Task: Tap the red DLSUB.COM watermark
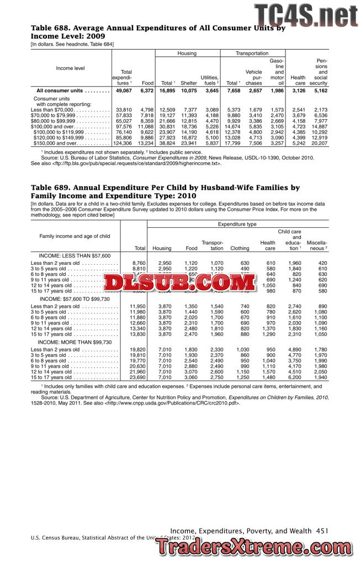tap(179, 282)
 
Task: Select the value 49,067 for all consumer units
tap(123, 90)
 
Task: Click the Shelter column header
tap(188, 83)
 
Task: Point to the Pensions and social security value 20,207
tap(319, 143)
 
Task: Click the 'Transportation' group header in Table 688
tap(252, 54)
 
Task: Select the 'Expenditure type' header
tap(237, 225)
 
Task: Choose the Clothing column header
tap(240, 248)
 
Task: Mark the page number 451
tap(322, 531)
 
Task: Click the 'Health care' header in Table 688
tap(298, 81)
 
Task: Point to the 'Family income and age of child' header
tap(75, 237)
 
